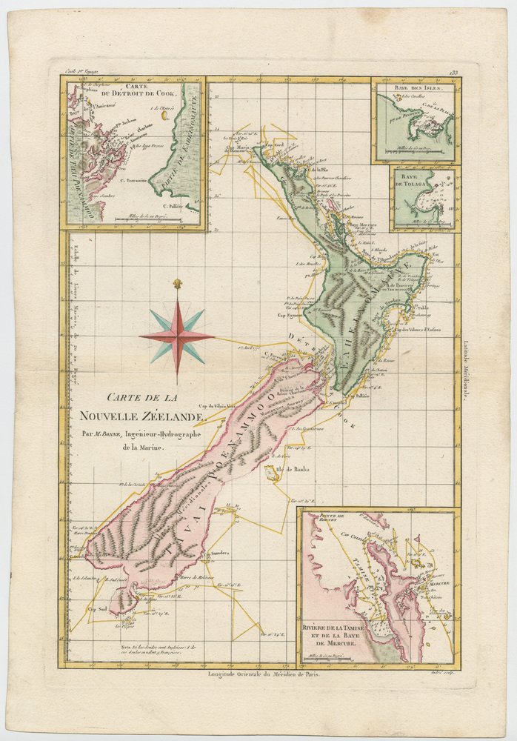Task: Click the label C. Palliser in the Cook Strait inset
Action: coord(171,205)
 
